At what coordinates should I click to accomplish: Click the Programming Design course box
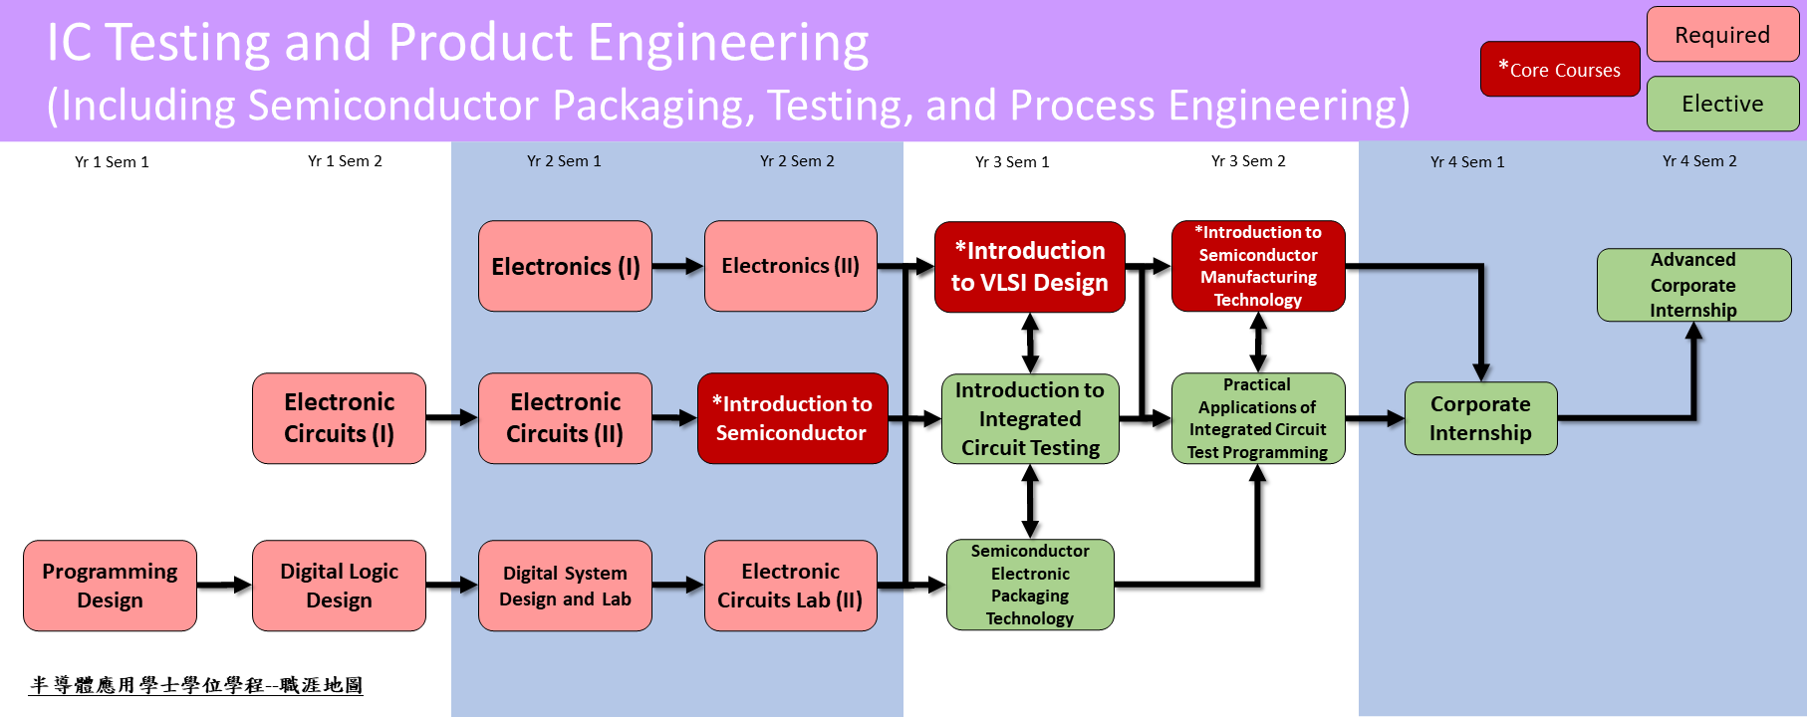pyautogui.click(x=110, y=586)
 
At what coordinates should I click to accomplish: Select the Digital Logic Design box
pyautogui.click(x=339, y=586)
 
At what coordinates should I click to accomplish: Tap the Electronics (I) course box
pyautogui.click(x=565, y=266)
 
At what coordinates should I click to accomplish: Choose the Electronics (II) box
pyautogui.click(x=790, y=266)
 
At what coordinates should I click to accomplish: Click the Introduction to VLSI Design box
pyautogui.click(x=1029, y=267)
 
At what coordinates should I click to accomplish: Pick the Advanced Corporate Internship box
pyautogui.click(x=1693, y=285)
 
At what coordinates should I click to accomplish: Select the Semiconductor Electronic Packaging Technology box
pyautogui.click(x=1030, y=585)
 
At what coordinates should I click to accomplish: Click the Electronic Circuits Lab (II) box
pyautogui.click(x=790, y=586)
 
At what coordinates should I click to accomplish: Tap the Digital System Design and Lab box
pyautogui.click(x=565, y=586)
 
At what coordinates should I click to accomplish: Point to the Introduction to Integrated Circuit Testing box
pyautogui.click(x=1030, y=418)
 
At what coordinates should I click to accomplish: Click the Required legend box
pyautogui.click(x=1722, y=35)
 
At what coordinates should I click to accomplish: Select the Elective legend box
pyautogui.click(x=1722, y=104)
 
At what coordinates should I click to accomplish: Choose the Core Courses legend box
pyautogui.click(x=1560, y=70)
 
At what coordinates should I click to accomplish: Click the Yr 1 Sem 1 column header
pyautogui.click(x=112, y=161)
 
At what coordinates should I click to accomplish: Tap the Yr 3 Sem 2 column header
pyautogui.click(x=1248, y=161)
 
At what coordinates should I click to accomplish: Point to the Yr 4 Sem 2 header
pyautogui.click(x=1699, y=161)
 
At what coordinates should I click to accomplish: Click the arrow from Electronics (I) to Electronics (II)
pyautogui.click(x=678, y=266)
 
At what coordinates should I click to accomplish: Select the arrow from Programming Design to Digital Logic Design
pyautogui.click(x=224, y=585)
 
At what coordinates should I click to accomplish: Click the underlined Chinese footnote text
pyautogui.click(x=196, y=685)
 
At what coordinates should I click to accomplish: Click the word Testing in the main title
pyautogui.click(x=188, y=43)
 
